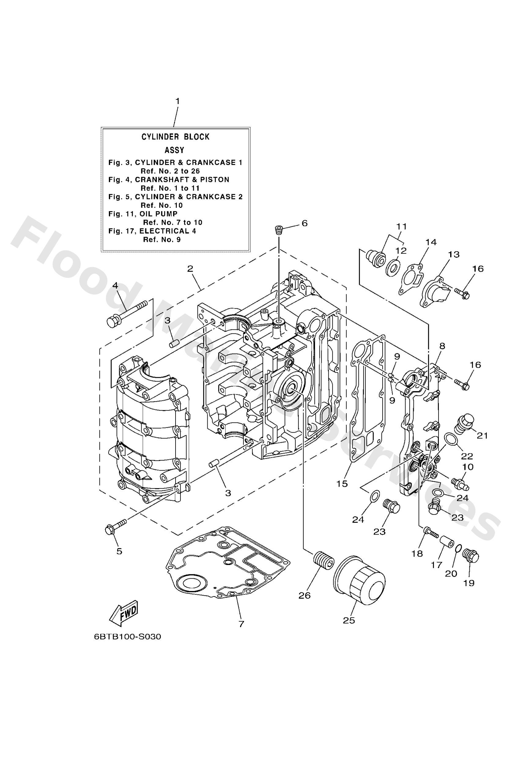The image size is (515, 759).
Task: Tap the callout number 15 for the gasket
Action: tap(342, 484)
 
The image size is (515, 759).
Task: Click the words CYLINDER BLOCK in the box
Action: tap(175, 137)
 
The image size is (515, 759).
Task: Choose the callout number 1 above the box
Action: tap(177, 101)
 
